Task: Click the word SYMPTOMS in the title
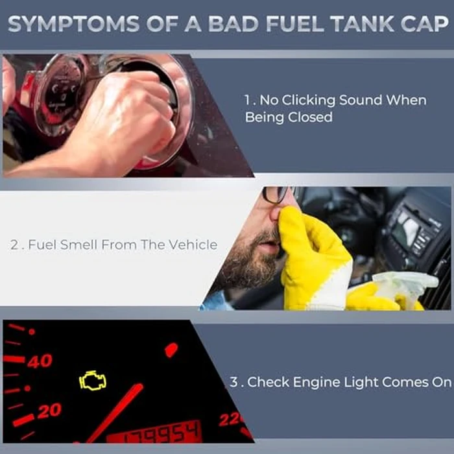tap(74, 24)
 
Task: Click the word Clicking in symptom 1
tap(308, 101)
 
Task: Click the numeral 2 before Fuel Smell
tap(14, 245)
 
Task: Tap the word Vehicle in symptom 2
tap(193, 245)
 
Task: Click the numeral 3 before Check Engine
tap(233, 382)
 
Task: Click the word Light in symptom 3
tap(360, 383)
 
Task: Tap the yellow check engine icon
tap(93, 381)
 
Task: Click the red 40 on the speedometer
tap(40, 361)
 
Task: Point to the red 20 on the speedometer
tap(49, 411)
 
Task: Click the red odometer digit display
tap(156, 433)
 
